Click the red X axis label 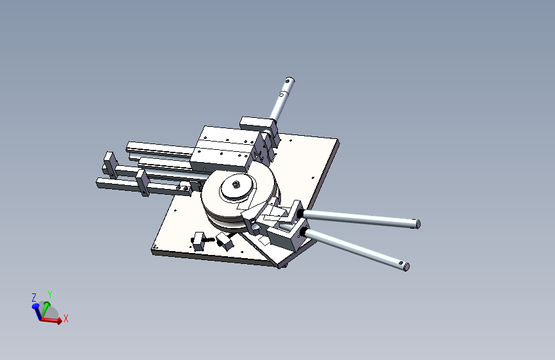coord(65,318)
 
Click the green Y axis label coord(49,295)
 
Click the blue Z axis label coord(33,298)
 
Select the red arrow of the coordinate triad coord(54,320)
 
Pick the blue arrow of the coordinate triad coord(36,309)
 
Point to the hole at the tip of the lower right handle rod coord(404,266)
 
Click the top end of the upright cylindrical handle coord(289,81)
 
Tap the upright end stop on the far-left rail coord(109,164)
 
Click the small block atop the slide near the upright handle coord(255,122)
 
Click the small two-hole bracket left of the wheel coord(185,187)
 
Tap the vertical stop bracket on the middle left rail coord(142,183)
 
